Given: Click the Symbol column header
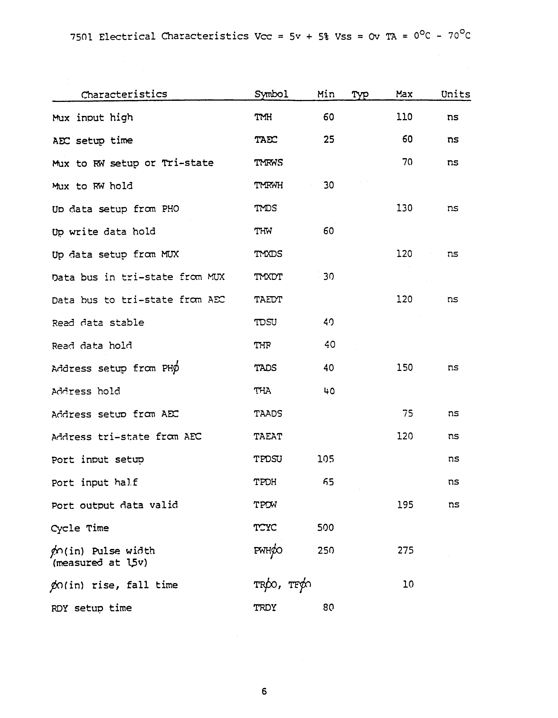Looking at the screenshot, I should pyautogui.click(x=271, y=94).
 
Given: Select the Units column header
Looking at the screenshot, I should pyautogui.click(x=456, y=94).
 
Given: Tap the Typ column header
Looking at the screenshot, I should pyautogui.click(x=360, y=95).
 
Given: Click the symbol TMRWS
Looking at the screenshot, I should pyautogui.click(x=268, y=163).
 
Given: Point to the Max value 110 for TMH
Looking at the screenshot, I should pyautogui.click(x=404, y=117).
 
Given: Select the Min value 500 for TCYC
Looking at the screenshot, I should pyautogui.click(x=325, y=528).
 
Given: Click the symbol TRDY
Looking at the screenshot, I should pyautogui.click(x=265, y=608).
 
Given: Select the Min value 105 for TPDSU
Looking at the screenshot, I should pyautogui.click(x=325, y=459).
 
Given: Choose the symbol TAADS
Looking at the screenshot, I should pyautogui.click(x=268, y=414).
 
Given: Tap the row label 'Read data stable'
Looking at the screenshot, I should pyautogui.click(x=98, y=323).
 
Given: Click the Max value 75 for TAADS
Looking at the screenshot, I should pyautogui.click(x=408, y=413).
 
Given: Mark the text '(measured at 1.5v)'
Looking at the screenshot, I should pyautogui.click(x=100, y=563).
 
